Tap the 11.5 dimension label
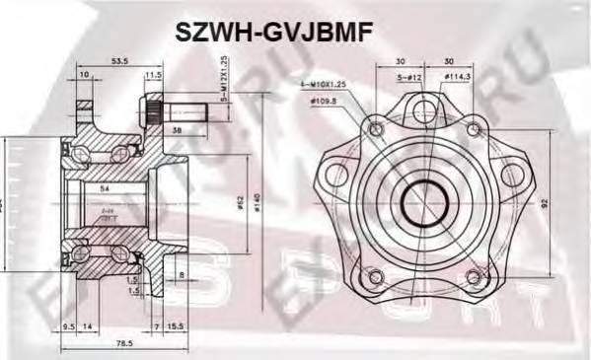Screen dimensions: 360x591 [x=153, y=75]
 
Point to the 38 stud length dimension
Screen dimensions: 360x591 [x=175, y=129]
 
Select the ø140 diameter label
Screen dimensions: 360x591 [x=258, y=203]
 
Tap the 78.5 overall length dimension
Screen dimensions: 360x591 [x=123, y=343]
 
